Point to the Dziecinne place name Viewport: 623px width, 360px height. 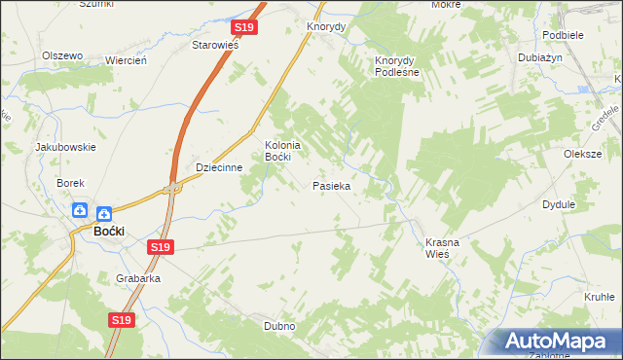[x=219, y=167]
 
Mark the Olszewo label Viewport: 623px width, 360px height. [x=61, y=55]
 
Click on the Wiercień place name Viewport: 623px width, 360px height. [x=126, y=60]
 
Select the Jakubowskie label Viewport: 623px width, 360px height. [x=65, y=147]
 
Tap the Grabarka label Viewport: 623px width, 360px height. [x=138, y=277]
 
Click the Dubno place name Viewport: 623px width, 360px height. [x=279, y=326]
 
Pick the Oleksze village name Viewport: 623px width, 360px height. [x=583, y=154]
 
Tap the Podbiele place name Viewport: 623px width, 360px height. [x=564, y=34]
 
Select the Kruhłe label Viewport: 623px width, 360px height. [x=600, y=298]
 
